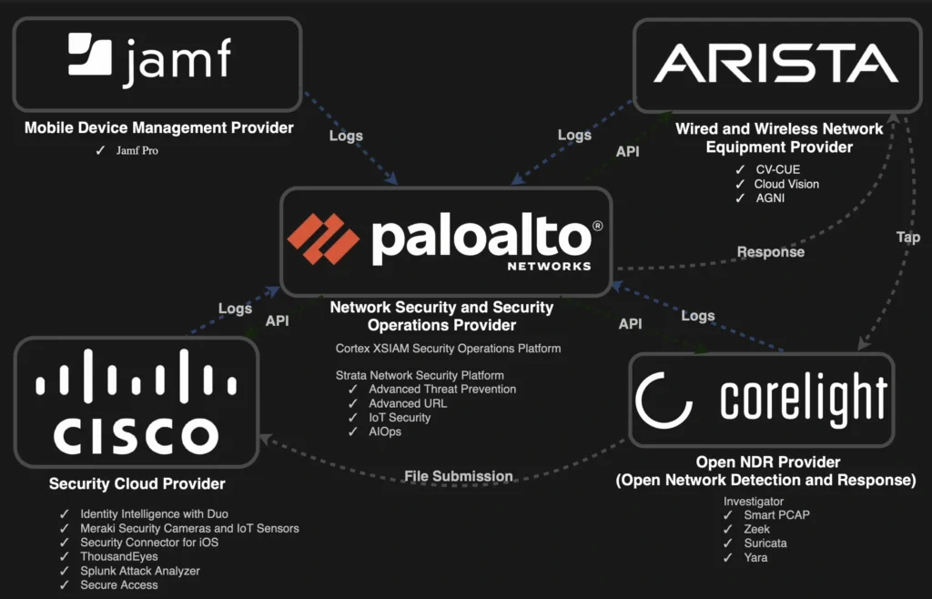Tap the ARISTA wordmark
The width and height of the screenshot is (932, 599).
775,63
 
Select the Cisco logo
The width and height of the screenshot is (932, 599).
137,402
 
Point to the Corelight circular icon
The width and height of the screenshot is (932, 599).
664,400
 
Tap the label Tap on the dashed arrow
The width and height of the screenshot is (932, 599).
907,237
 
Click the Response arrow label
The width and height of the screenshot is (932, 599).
770,252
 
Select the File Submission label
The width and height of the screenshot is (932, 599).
458,476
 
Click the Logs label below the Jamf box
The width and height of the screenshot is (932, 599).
346,136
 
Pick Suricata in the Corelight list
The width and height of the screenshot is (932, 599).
765,543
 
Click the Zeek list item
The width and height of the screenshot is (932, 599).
756,529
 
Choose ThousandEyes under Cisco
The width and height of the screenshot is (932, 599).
118,556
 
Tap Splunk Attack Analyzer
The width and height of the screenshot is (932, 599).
139,571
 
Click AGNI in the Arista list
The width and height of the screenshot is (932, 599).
769,198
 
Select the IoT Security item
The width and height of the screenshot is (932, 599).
400,417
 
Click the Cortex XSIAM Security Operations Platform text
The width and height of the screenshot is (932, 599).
448,349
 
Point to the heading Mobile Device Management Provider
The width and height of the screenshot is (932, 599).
159,128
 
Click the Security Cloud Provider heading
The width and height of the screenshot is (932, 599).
137,484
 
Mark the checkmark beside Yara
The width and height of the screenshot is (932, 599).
727,557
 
